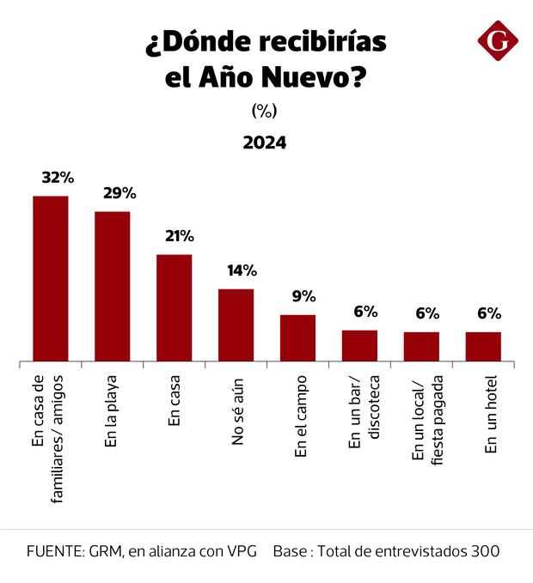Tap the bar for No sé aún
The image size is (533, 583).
(x=236, y=325)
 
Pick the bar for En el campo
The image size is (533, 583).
(x=297, y=337)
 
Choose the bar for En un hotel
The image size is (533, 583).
(x=483, y=346)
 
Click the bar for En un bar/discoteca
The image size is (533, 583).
(x=359, y=345)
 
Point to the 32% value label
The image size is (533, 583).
(x=58, y=178)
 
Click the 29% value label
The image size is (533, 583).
(x=119, y=193)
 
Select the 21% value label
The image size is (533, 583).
(x=181, y=236)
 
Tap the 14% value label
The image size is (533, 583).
(x=242, y=270)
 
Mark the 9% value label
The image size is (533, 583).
(x=304, y=296)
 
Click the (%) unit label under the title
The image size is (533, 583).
(x=265, y=111)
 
